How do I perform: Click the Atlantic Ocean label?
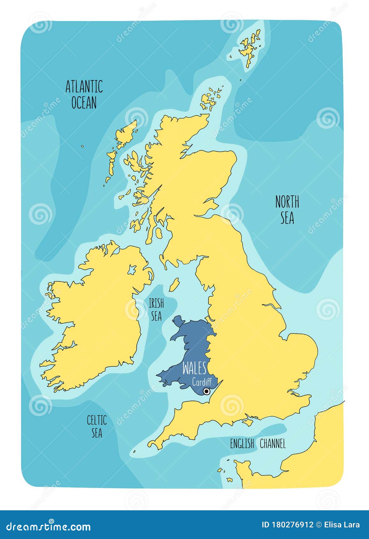pyautogui.click(x=84, y=94)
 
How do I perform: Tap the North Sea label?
pyautogui.click(x=287, y=210)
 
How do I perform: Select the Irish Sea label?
pyautogui.click(x=156, y=309)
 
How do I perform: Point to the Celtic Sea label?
pyautogui.click(x=97, y=426)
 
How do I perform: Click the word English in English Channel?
pyautogui.click(x=242, y=444)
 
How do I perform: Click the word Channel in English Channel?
pyautogui.click(x=273, y=444)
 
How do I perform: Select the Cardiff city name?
pyautogui.click(x=202, y=381)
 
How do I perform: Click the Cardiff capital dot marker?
pyautogui.click(x=207, y=391)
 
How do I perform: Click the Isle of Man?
pyautogui.click(x=174, y=285)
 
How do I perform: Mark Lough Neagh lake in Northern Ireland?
pyautogui.click(x=132, y=270)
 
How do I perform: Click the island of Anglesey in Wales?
pyautogui.click(x=179, y=320)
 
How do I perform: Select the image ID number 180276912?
pyautogui.click(x=287, y=525)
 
